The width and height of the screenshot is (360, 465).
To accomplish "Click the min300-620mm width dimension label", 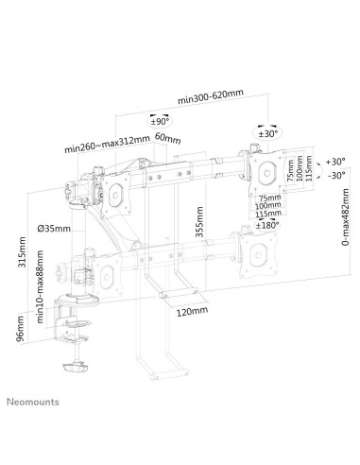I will (211, 95).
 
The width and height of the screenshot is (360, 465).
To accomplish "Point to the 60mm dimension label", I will (166, 139).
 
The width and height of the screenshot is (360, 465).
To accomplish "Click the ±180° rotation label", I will (268, 225).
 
